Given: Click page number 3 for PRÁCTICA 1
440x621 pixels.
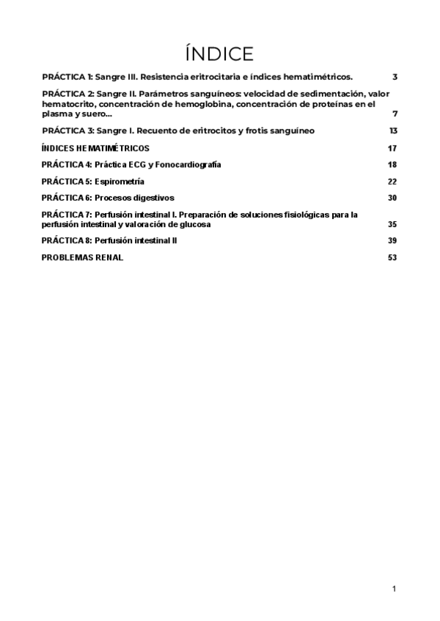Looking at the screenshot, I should point(395,76).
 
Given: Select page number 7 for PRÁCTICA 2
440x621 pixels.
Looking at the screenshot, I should point(395,114).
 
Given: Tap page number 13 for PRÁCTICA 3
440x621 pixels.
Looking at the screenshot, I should point(393,130).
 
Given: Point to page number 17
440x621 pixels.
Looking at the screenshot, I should point(392,148).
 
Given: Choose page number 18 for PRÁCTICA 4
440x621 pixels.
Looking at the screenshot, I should point(392,165).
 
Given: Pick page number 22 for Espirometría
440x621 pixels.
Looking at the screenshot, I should point(392,181).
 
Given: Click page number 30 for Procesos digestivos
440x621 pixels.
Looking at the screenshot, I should point(392,198).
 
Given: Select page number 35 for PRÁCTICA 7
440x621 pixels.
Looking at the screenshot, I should point(392,224).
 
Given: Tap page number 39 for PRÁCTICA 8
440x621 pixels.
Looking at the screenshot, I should point(392,241).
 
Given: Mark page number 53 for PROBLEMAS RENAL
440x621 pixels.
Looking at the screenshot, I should point(392,258).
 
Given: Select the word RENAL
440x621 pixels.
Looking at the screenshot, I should point(107,258).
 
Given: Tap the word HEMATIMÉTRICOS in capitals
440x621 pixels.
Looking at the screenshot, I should point(111,148).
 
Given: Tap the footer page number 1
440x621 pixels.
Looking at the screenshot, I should point(395,589).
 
